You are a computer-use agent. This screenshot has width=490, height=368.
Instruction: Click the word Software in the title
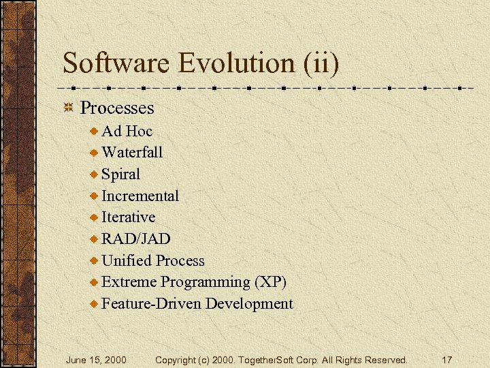(116, 63)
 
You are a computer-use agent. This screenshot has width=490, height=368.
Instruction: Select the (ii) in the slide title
(317, 63)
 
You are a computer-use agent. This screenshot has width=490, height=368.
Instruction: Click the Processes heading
(117, 108)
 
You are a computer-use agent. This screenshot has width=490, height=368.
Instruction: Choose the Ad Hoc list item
(127, 131)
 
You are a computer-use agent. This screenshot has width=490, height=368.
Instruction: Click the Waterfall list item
(132, 153)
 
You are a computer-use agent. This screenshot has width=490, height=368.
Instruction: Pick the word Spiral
(120, 174)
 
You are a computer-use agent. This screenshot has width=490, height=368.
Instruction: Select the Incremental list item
(140, 196)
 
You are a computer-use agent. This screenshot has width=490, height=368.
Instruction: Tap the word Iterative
(128, 217)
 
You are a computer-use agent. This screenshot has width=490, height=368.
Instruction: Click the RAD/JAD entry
(135, 239)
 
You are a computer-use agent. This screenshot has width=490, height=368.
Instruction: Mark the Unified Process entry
(152, 261)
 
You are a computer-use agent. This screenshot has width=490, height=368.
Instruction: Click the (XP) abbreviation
(270, 282)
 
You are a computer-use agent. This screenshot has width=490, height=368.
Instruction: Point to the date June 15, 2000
(96, 360)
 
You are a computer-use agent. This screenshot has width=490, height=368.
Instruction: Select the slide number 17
(447, 360)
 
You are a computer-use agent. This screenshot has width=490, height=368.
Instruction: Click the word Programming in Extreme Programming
(206, 282)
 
